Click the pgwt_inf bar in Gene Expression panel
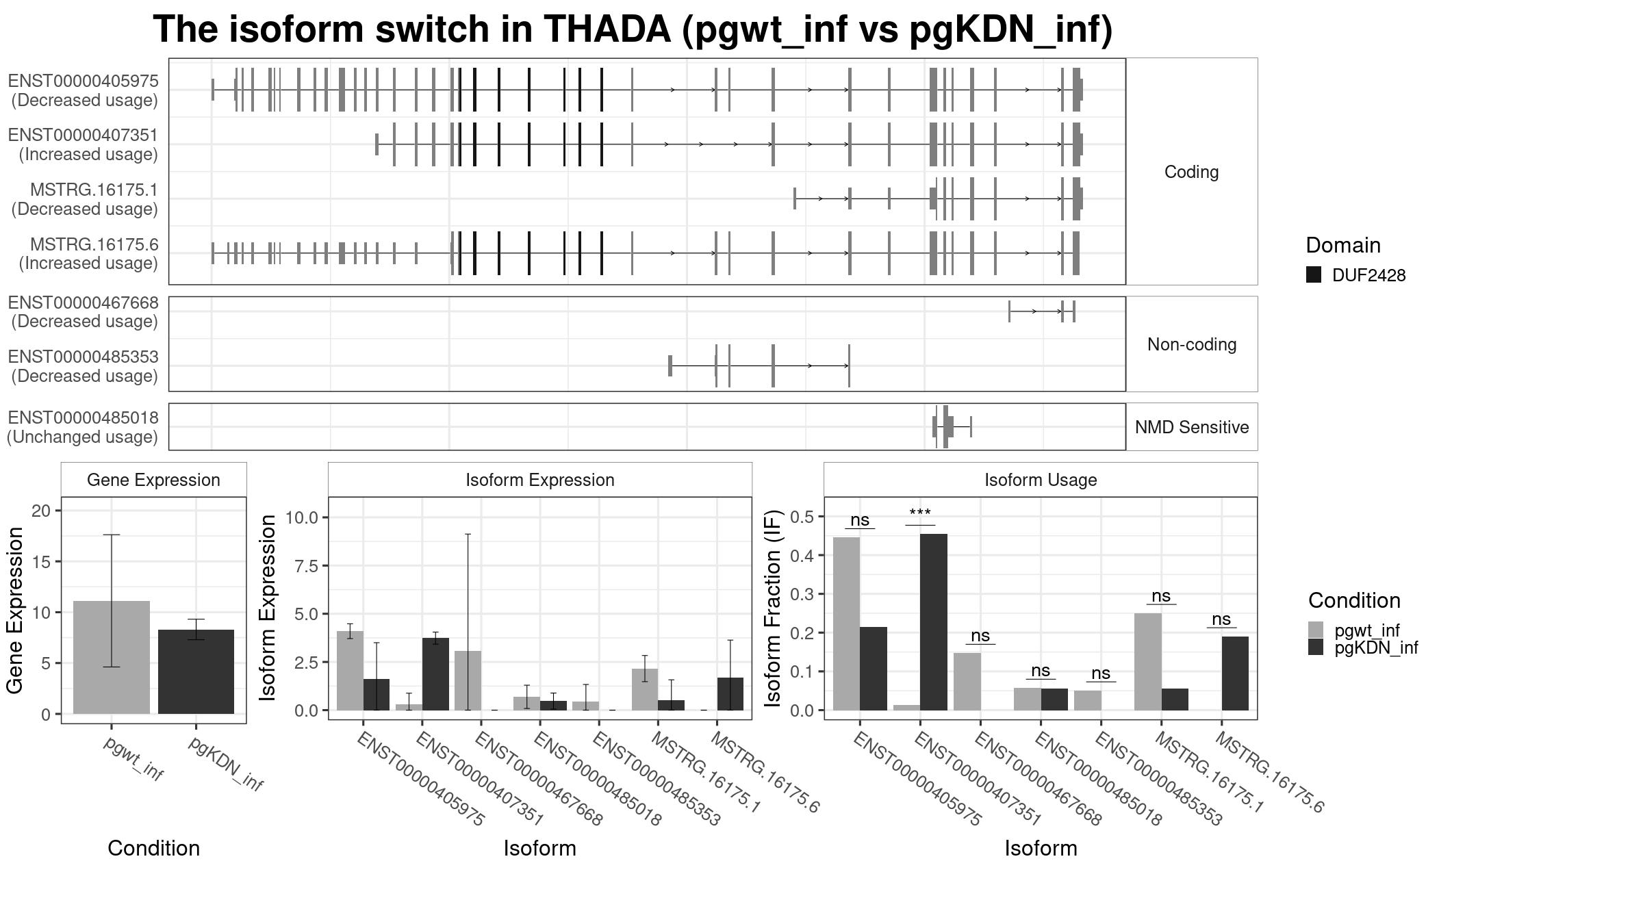[x=112, y=658]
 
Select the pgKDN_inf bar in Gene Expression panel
[x=196, y=672]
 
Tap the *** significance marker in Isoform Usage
[x=920, y=513]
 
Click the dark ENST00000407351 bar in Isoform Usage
[x=934, y=622]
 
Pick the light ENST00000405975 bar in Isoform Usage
[x=846, y=624]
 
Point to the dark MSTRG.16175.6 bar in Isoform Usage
[x=1235, y=673]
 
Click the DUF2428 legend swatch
[x=1314, y=275]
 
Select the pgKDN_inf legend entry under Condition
[x=1363, y=647]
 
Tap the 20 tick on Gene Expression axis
[x=41, y=511]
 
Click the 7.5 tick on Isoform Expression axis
[x=302, y=566]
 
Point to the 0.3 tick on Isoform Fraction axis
[x=803, y=594]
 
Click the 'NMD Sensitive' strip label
[x=1192, y=427]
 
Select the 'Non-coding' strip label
[x=1192, y=344]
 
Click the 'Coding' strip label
[x=1192, y=172]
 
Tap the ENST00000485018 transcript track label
[x=83, y=418]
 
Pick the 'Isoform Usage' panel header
[x=1041, y=480]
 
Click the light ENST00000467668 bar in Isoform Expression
[x=468, y=680]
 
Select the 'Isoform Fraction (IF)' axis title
[x=773, y=608]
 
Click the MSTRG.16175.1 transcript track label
[x=94, y=190]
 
